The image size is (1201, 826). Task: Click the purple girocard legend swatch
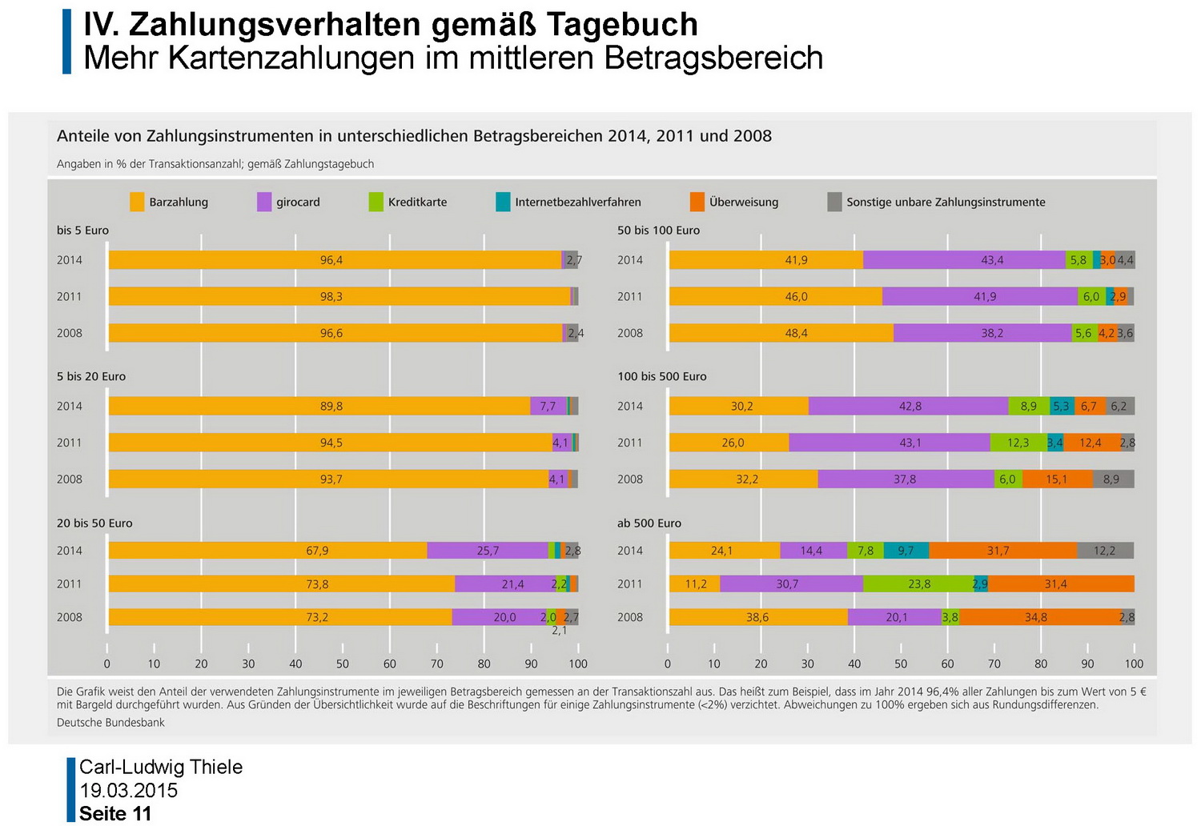click(264, 202)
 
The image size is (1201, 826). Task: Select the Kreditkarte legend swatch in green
click(376, 202)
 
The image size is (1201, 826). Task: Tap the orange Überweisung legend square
click(697, 202)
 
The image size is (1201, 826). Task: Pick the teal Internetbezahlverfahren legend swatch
click(503, 202)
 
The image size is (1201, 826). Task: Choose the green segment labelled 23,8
click(918, 584)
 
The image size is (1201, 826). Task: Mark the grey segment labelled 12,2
click(1105, 551)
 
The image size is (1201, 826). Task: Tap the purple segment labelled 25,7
click(487, 551)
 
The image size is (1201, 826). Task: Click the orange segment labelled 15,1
click(1057, 479)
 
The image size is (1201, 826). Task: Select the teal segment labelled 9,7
click(906, 551)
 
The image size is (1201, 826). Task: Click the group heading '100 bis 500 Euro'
click(661, 376)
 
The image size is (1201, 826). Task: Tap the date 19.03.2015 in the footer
click(128, 791)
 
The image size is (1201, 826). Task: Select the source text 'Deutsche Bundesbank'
click(110, 723)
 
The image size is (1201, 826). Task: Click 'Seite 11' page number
click(115, 814)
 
